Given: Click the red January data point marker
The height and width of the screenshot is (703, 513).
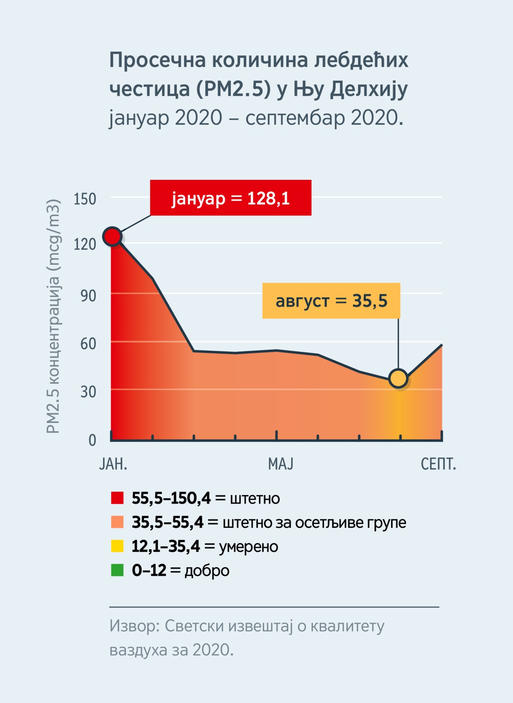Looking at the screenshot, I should (x=112, y=237).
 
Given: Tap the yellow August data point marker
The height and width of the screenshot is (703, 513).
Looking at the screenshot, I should (x=398, y=378).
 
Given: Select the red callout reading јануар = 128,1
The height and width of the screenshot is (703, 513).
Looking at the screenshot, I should (x=230, y=198).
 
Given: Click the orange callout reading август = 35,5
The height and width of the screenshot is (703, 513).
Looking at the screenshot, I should (x=331, y=301).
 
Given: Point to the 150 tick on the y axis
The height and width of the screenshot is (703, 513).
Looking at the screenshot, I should (x=85, y=199).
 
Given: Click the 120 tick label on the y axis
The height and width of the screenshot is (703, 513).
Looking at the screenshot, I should (x=85, y=244).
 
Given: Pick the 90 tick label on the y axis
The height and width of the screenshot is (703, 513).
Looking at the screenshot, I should (x=88, y=296).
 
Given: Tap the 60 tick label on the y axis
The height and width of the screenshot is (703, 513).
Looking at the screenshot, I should (x=88, y=343).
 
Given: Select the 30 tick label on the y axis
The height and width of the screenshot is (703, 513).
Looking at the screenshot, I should (x=88, y=392).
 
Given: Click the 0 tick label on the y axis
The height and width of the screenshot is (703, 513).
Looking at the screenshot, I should (x=92, y=440).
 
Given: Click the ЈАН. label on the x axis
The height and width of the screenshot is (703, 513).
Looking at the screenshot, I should (x=113, y=464).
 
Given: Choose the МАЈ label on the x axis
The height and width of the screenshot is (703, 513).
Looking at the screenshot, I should (x=280, y=464).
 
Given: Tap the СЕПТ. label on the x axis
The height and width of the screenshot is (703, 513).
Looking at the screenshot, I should (x=438, y=464).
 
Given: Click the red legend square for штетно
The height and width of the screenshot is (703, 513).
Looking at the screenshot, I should (x=117, y=498).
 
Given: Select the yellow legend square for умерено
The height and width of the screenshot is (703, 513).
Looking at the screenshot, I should (x=117, y=546).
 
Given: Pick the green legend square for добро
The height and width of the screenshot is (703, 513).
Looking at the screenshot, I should (x=117, y=570).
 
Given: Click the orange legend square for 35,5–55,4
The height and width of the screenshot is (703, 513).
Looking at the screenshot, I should (x=117, y=522).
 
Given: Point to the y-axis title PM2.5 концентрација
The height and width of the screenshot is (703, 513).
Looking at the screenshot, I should (x=53, y=316).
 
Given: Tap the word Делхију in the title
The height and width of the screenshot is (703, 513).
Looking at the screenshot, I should (x=369, y=89).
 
